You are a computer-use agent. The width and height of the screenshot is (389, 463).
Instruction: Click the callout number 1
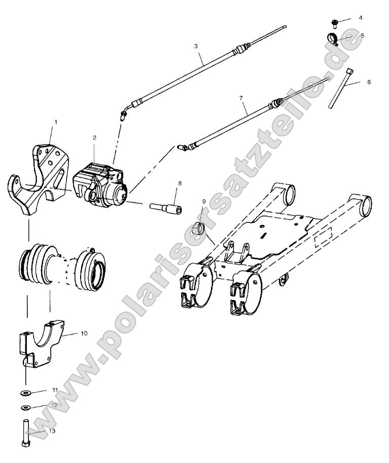click(56, 122)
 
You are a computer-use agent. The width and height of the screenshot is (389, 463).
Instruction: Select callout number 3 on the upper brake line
click(195, 46)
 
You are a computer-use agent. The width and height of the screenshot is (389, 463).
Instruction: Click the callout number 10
click(84, 333)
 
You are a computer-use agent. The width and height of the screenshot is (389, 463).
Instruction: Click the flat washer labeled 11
click(25, 392)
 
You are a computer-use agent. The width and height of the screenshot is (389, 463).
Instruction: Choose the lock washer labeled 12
click(25, 407)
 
